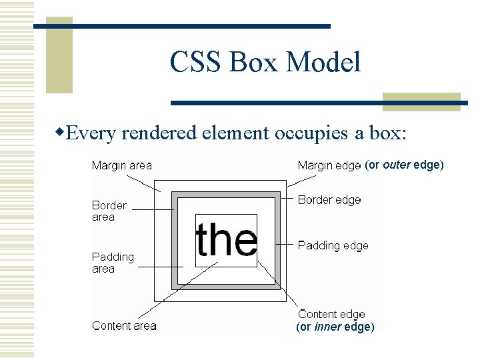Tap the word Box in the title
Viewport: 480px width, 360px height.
click(256, 63)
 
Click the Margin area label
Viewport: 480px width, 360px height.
click(121, 165)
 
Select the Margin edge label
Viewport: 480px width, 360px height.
click(329, 165)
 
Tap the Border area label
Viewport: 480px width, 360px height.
click(109, 211)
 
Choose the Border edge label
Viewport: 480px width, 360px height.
click(329, 200)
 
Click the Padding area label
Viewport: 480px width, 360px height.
click(113, 263)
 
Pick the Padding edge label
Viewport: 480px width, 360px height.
click(333, 245)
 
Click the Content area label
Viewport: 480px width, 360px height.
click(124, 326)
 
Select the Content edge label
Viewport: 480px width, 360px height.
click(331, 314)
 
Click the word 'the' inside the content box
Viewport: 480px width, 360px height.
click(226, 240)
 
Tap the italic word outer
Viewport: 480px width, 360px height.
click(397, 165)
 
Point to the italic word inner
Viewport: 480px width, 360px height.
click(327, 327)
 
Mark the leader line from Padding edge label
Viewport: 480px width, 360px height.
click(285, 245)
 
